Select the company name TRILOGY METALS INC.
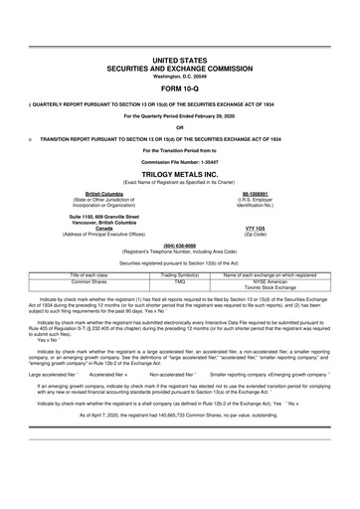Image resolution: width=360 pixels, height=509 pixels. coord(179,172)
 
